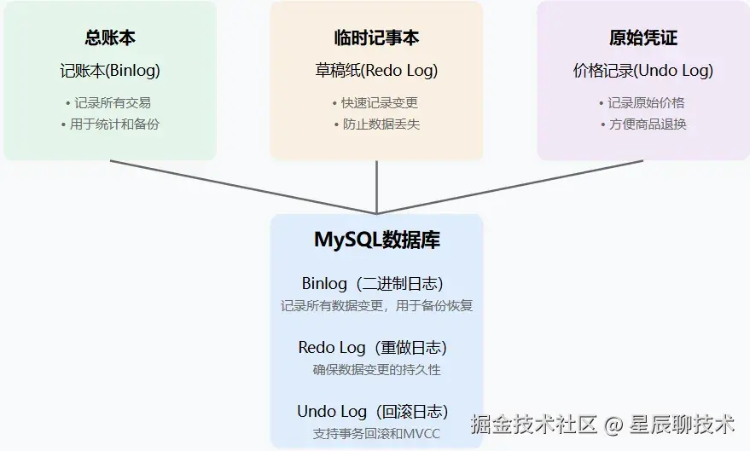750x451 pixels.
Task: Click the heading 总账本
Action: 110,38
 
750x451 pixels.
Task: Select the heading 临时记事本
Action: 376,38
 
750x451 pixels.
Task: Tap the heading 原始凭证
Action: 642,38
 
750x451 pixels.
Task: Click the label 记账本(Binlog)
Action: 110,71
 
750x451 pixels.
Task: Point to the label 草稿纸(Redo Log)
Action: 376,71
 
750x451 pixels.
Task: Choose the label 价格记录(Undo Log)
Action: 642,71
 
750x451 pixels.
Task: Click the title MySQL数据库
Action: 376,240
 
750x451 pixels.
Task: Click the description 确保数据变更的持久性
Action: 376,370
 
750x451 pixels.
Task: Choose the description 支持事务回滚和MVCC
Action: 376,434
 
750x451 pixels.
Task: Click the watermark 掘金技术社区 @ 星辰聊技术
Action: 603,423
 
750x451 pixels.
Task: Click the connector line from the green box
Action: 243,187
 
